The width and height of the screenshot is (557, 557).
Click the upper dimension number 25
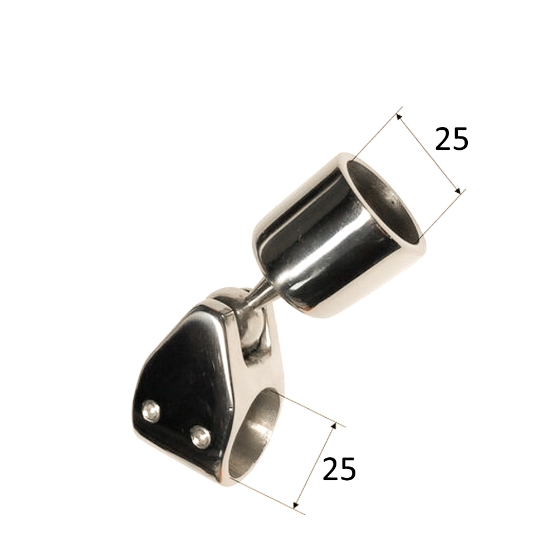[452, 139]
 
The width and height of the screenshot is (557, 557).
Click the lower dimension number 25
[339, 468]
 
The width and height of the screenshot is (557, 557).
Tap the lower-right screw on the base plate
[201, 436]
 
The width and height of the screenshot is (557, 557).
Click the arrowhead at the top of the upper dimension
[399, 116]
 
